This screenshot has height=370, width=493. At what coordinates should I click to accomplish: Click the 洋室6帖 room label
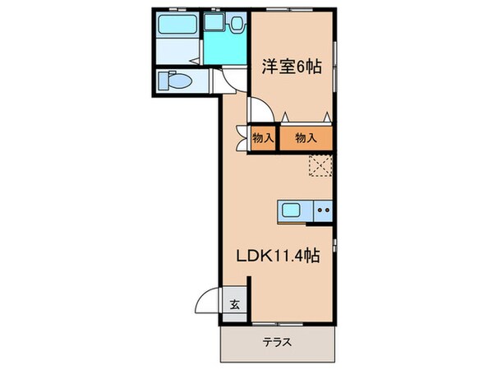pyautogui.click(x=292, y=69)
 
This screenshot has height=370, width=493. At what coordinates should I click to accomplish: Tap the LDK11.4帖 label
pyautogui.click(x=279, y=256)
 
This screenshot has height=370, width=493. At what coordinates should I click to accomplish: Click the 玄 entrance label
pyautogui.click(x=234, y=304)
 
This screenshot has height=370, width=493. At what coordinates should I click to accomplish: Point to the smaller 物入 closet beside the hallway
pyautogui.click(x=263, y=138)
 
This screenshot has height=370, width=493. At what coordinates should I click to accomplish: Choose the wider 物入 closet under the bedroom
pyautogui.click(x=306, y=138)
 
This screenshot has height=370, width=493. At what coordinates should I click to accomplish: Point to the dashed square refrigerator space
pyautogui.click(x=320, y=168)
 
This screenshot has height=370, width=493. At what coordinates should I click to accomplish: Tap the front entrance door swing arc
pyautogui.click(x=210, y=300)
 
